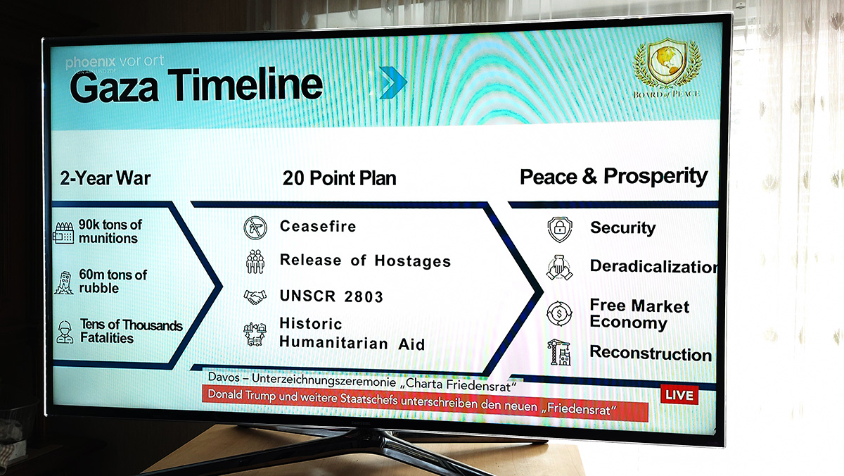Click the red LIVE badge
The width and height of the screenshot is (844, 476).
[x=679, y=395]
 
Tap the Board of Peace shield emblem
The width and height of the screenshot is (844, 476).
[x=667, y=61]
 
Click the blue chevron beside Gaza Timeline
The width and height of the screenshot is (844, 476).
[x=393, y=82]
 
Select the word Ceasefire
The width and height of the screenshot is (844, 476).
[x=318, y=226]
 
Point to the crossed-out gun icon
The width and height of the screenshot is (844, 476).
[x=255, y=228]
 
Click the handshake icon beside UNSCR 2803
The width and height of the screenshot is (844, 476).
[x=255, y=297]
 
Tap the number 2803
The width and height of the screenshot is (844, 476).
[x=364, y=297]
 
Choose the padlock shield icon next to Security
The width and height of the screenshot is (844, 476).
[x=560, y=229]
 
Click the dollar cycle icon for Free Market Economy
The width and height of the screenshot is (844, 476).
[x=559, y=313]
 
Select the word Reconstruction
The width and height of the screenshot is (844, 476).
[x=651, y=353]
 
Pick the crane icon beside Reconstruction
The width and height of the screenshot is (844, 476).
[x=560, y=352]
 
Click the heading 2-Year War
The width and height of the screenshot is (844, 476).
[x=105, y=178]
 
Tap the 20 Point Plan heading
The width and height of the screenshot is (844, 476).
[x=339, y=178]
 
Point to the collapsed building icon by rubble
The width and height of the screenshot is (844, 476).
[x=64, y=282]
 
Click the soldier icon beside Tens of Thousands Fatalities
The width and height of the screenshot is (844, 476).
[x=65, y=332]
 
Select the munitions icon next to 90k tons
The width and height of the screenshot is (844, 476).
[x=63, y=232]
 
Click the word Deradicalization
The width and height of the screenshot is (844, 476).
[x=653, y=266]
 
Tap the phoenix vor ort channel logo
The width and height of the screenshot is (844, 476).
[x=115, y=62]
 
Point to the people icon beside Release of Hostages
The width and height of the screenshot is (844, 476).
[x=255, y=261]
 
